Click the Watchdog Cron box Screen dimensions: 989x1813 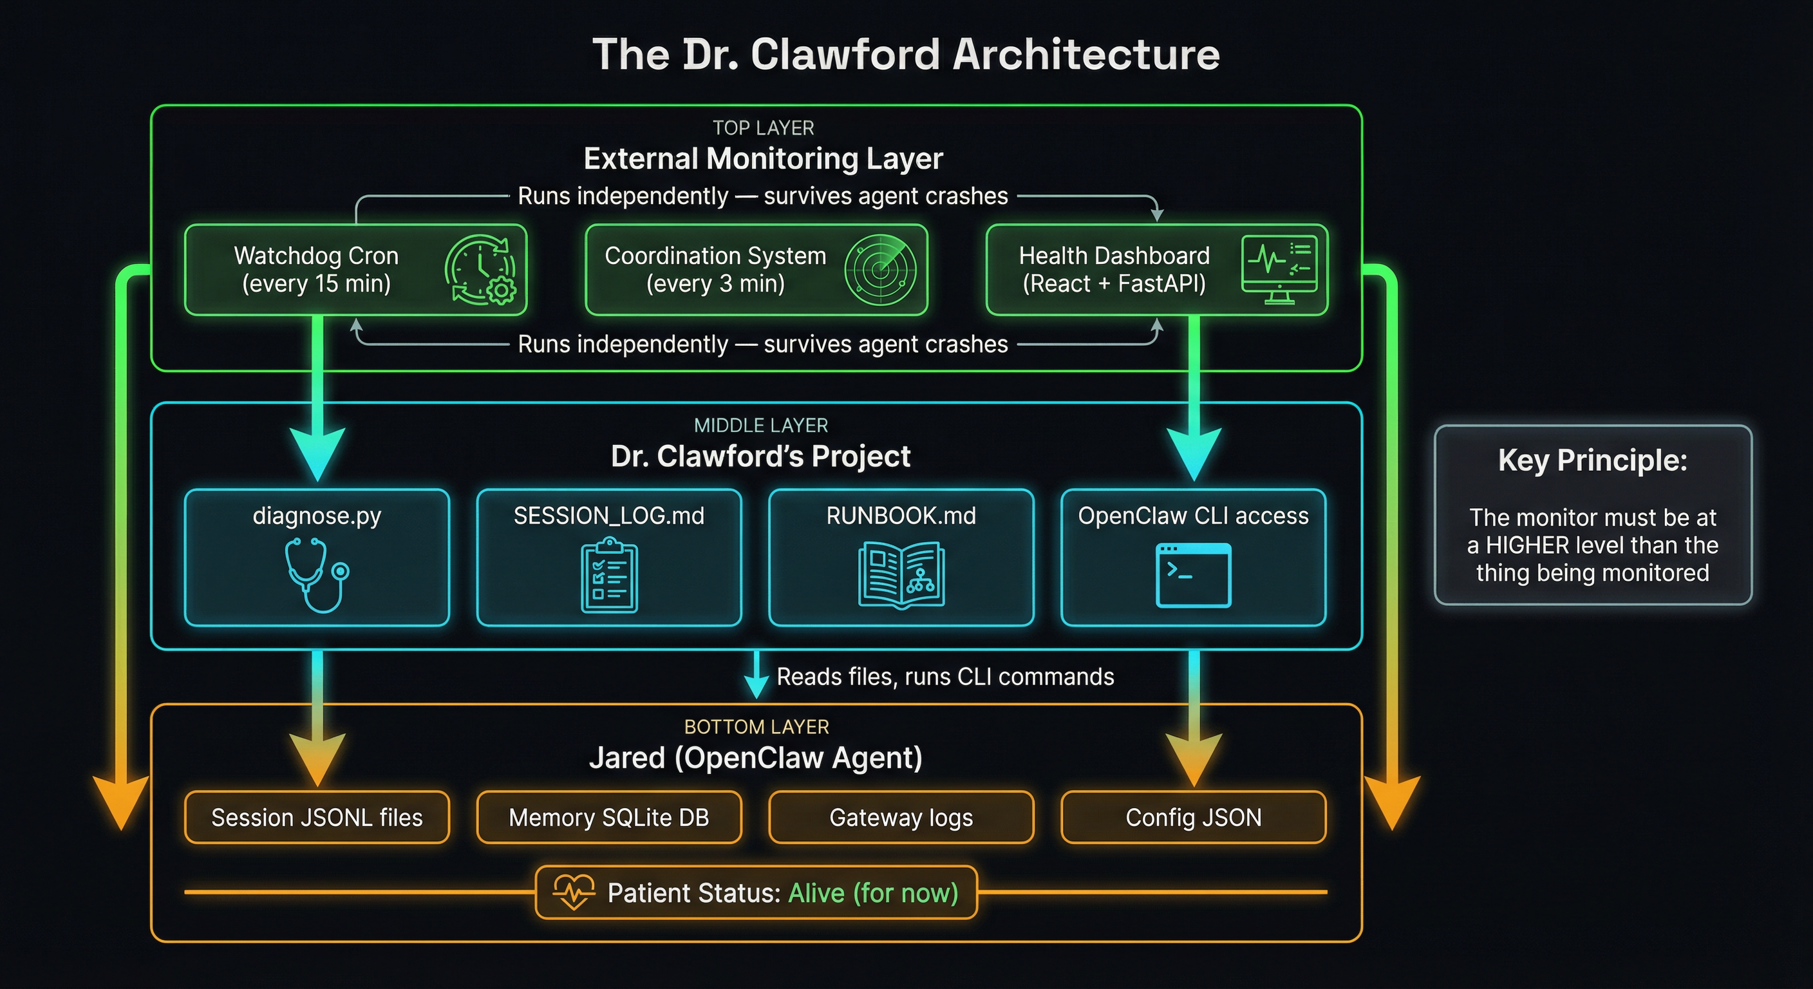pos(317,270)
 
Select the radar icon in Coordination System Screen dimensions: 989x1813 pos(881,270)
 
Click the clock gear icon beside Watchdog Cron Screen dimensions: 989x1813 pos(481,270)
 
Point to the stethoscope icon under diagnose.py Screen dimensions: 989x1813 pos(316,574)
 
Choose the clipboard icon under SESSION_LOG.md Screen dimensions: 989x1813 pos(609,575)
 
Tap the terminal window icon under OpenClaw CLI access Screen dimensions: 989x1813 pos(1193,574)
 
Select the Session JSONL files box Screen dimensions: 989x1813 pos(317,817)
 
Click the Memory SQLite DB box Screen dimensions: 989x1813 pos(609,817)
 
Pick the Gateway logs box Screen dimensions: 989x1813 pos(901,817)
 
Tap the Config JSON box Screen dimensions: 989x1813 pos(1193,817)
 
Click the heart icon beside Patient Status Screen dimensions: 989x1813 pos(574,892)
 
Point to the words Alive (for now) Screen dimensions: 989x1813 pos(873,892)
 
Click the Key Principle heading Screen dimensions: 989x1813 pos(1592,460)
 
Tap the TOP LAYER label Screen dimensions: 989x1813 pos(763,128)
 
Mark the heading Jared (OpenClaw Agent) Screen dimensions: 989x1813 pos(755,758)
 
